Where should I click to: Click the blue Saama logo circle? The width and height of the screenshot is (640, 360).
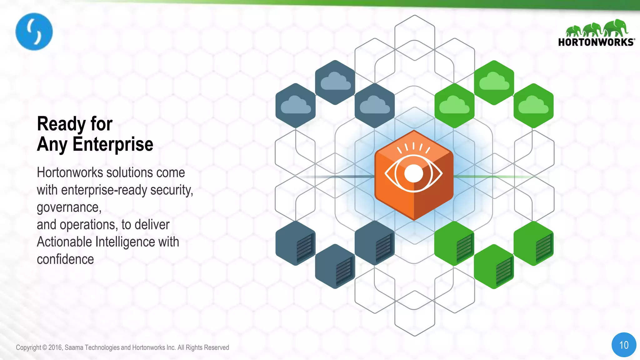pyautogui.click(x=34, y=32)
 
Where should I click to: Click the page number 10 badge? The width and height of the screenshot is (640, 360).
pyautogui.click(x=624, y=345)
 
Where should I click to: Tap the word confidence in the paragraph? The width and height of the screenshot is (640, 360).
pyautogui.click(x=65, y=259)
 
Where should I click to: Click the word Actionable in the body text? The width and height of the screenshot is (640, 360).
pyautogui.click(x=65, y=242)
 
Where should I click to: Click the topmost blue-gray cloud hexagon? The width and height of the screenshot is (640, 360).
pyautogui.click(x=335, y=82)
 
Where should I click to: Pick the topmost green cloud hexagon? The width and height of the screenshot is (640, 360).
pyautogui.click(x=494, y=82)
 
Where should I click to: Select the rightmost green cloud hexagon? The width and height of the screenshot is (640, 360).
pyautogui.click(x=533, y=106)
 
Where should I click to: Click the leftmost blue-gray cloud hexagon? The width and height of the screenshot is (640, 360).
pyautogui.click(x=295, y=106)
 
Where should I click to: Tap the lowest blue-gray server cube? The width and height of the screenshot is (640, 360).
pyautogui.click(x=335, y=266)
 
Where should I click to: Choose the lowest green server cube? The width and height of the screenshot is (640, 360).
pyautogui.click(x=494, y=266)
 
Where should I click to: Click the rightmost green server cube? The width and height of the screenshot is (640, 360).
pyautogui.click(x=533, y=243)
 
